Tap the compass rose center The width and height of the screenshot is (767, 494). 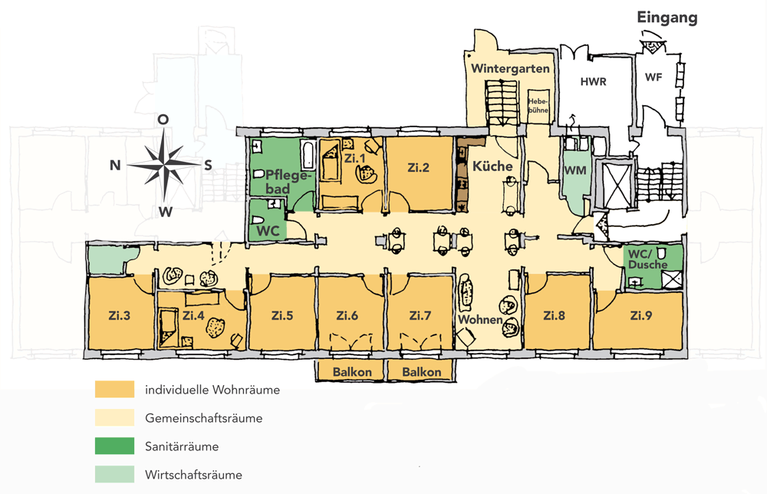point(163,164)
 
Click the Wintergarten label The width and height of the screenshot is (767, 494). point(510,69)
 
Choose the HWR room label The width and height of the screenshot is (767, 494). point(594,82)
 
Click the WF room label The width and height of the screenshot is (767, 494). point(653,77)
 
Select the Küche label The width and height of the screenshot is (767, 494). point(492,166)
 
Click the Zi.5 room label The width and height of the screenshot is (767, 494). point(283,315)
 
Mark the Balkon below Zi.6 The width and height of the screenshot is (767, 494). point(352,372)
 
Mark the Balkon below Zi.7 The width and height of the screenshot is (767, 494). point(421,372)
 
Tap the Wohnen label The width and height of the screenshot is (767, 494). point(479,319)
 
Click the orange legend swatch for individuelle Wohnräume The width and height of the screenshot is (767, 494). point(114,390)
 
